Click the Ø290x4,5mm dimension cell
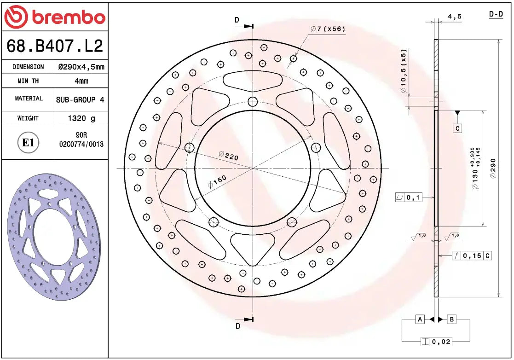pyautogui.click(x=81, y=67)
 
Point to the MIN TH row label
pyautogui.click(x=28, y=81)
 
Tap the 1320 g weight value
pyautogui.click(x=81, y=118)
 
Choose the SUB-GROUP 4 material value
pyautogui.click(x=80, y=99)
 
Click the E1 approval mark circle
pyautogui.click(x=28, y=143)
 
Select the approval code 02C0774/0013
pyautogui.click(x=81, y=144)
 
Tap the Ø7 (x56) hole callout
pyautogui.click(x=327, y=29)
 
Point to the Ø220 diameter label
pyautogui.click(x=228, y=156)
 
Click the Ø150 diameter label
pyautogui.click(x=217, y=181)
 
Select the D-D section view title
pyautogui.click(x=496, y=15)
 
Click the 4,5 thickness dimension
pyautogui.click(x=454, y=17)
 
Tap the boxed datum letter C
pyautogui.click(x=457, y=128)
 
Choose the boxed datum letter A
pyautogui.click(x=420, y=319)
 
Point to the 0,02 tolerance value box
pyautogui.click(x=442, y=341)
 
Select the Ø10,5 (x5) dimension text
pyautogui.click(x=403, y=71)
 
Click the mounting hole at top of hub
pyautogui.click(x=252, y=102)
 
